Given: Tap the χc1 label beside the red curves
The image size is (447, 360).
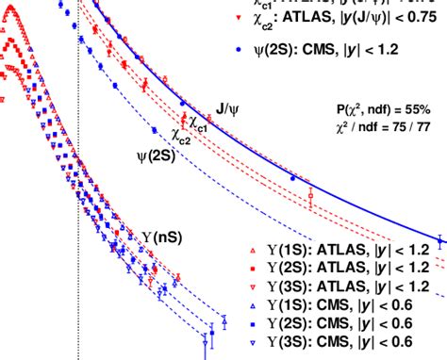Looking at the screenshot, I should pos(196,123).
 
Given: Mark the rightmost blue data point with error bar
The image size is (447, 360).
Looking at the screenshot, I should pos(439,237).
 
